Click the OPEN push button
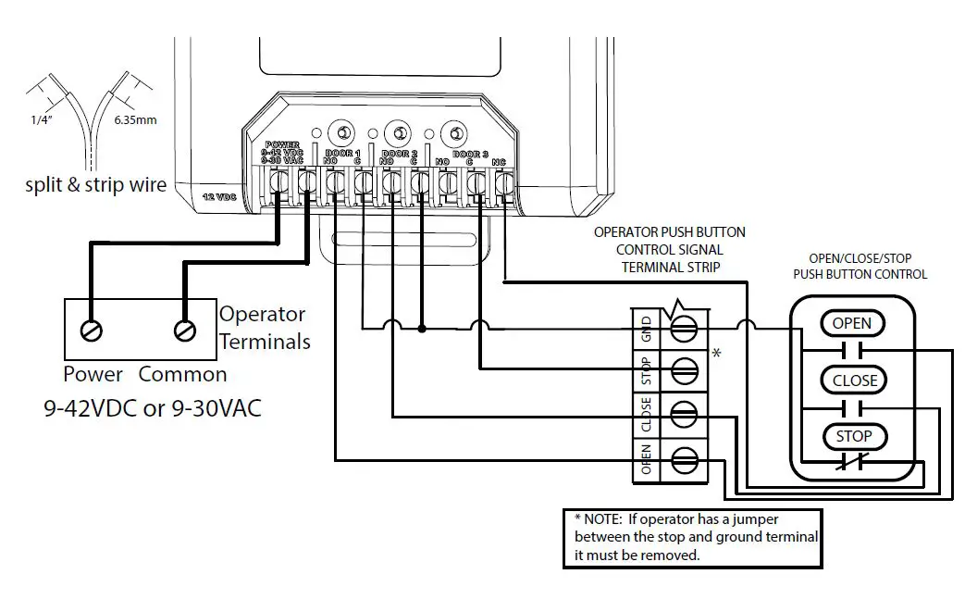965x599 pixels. click(852, 324)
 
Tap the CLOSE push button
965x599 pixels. click(854, 381)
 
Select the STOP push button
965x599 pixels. click(854, 436)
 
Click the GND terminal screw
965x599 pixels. click(684, 328)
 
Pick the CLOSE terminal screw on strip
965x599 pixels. click(684, 413)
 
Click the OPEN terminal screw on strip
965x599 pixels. click(684, 456)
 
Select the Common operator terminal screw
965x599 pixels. click(183, 330)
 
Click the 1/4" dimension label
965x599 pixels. click(38, 119)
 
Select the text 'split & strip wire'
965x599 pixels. click(96, 185)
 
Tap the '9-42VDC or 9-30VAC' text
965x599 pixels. click(154, 407)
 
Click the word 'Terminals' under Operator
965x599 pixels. click(265, 342)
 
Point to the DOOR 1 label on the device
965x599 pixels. click(342, 153)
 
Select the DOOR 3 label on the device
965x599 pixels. click(472, 154)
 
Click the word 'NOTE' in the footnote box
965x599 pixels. click(605, 518)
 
